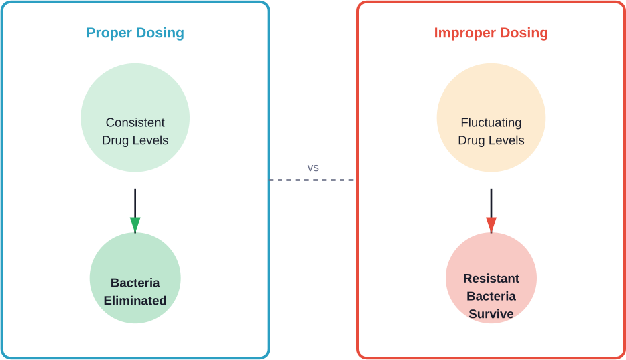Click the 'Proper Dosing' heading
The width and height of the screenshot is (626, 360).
[x=135, y=33]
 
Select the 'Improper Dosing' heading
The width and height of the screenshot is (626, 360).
[x=491, y=33]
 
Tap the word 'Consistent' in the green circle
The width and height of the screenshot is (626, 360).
[x=135, y=123]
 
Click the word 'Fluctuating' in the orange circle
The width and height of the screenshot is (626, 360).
[x=491, y=123]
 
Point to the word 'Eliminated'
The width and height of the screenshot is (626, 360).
[x=135, y=301]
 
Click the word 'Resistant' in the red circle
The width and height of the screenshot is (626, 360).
[x=491, y=279]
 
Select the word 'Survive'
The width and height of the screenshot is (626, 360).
[x=491, y=314]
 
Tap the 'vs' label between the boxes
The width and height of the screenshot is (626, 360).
[x=313, y=168]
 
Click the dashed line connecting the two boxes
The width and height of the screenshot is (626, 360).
[x=313, y=180]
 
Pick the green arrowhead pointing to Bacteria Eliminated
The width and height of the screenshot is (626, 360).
[x=135, y=224]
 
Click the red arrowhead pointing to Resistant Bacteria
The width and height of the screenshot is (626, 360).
[x=491, y=224]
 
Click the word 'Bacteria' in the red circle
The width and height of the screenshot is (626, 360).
[x=491, y=296]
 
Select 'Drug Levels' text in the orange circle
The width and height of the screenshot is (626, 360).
[x=491, y=141]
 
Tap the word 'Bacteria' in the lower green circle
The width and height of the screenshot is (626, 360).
[x=135, y=283]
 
